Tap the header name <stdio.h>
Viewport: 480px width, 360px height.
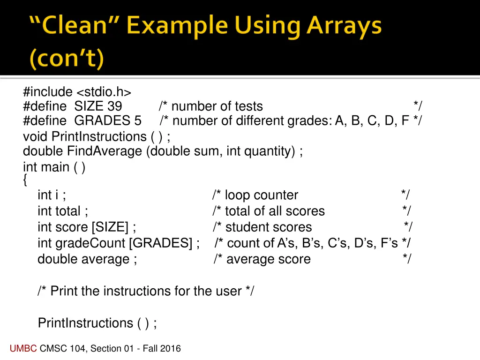pyautogui.click(x=104, y=92)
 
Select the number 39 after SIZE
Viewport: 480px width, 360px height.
pyautogui.click(x=114, y=106)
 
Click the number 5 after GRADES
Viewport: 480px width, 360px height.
pyautogui.click(x=137, y=121)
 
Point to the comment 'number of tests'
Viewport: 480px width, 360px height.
pyautogui.click(x=217, y=106)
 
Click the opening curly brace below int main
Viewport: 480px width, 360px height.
pyautogui.click(x=25, y=180)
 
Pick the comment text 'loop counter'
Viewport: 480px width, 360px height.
pyautogui.click(x=261, y=195)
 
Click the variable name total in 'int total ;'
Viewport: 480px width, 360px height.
pyautogui.click(x=68, y=211)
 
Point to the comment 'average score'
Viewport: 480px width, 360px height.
pyautogui.click(x=268, y=259)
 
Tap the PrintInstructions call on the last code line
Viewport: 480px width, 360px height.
pyautogui.click(x=85, y=323)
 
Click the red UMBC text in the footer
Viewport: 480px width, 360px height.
pyautogui.click(x=23, y=348)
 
